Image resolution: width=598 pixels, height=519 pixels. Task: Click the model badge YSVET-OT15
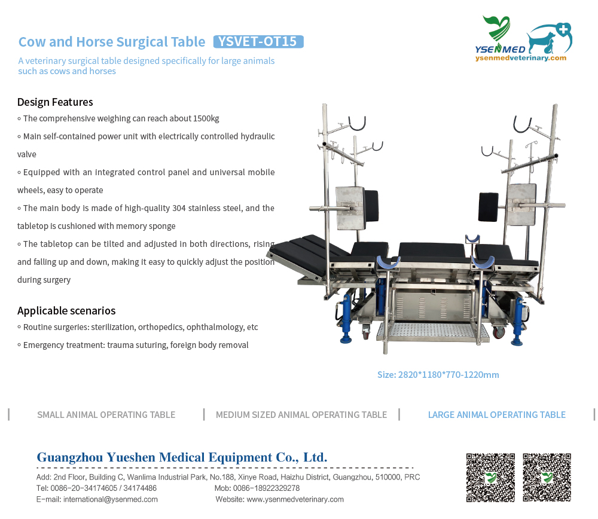pyautogui.click(x=258, y=42)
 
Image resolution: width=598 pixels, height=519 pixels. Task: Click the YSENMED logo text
pyautogui.click(x=500, y=49)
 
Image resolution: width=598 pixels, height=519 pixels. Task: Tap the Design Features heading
pyautogui.click(x=55, y=102)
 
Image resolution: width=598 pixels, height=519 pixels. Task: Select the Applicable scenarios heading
pyautogui.click(x=66, y=311)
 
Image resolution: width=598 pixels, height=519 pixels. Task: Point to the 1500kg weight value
pyautogui.click(x=206, y=118)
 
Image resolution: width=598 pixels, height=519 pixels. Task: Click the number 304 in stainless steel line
pyautogui.click(x=179, y=208)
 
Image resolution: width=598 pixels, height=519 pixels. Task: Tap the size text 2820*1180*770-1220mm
pyautogui.click(x=438, y=375)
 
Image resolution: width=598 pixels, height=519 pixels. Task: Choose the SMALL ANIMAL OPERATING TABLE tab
pyautogui.click(x=106, y=414)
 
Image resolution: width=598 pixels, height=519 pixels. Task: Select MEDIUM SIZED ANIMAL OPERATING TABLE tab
pyautogui.click(x=301, y=414)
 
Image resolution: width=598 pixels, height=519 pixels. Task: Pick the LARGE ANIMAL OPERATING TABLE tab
pyautogui.click(x=496, y=414)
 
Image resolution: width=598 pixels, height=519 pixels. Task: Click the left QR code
pyautogui.click(x=490, y=477)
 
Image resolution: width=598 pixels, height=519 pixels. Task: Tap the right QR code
pyautogui.click(x=547, y=477)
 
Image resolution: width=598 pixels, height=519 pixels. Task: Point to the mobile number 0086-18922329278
pyautogui.click(x=266, y=488)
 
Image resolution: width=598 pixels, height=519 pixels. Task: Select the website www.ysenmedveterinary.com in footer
pyautogui.click(x=295, y=499)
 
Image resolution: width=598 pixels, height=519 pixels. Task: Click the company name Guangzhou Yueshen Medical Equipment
pyautogui.click(x=182, y=457)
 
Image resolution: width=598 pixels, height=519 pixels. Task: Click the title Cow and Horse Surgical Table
pyautogui.click(x=112, y=42)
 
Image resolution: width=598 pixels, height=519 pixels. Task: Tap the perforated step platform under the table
pyautogui.click(x=432, y=331)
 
